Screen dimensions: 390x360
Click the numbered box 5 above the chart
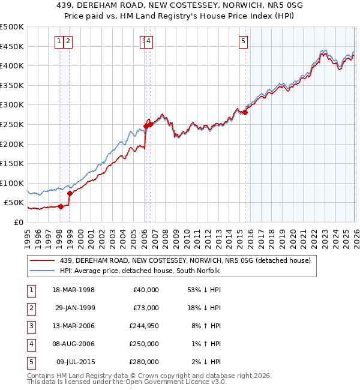point(243,41)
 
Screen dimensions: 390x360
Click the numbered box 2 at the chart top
point(68,41)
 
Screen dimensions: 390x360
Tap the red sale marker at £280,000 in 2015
point(245,112)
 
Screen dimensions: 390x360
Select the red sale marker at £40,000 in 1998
point(61,206)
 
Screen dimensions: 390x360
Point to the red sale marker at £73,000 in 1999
point(70,193)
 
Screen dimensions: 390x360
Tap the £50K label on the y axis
point(14,203)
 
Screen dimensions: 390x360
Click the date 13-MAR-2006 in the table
point(74,326)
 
